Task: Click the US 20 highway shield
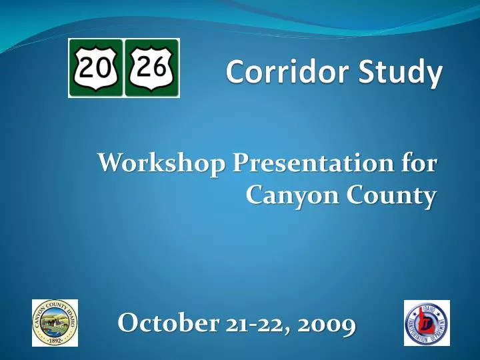96,68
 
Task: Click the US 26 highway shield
152,68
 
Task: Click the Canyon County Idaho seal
55,323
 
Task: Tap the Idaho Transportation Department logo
427,323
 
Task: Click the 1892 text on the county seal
55,340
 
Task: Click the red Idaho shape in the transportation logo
427,322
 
